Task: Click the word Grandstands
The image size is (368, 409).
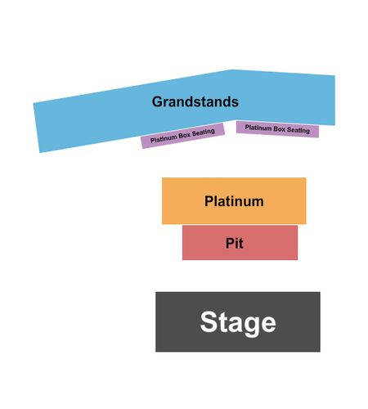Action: click(x=195, y=101)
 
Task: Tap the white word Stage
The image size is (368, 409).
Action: click(x=238, y=323)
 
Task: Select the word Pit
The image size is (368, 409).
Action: click(x=235, y=243)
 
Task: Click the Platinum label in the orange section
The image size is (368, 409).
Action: click(x=234, y=201)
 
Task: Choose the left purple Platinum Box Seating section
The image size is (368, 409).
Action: click(x=182, y=136)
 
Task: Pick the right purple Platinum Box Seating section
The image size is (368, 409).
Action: click(x=277, y=129)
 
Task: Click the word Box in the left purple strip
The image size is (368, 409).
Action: click(x=185, y=136)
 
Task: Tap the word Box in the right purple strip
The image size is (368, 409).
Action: click(x=279, y=129)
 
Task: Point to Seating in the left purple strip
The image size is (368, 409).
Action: click(x=204, y=133)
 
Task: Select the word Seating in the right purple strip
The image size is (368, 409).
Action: click(x=298, y=130)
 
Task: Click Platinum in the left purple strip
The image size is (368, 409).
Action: click(x=164, y=139)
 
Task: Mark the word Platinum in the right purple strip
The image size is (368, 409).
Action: click(x=258, y=128)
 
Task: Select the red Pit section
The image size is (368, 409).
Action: click(x=240, y=243)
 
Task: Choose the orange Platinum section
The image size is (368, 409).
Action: click(x=234, y=201)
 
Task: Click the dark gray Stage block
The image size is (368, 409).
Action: click(x=238, y=322)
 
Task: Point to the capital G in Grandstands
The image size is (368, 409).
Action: click(x=158, y=101)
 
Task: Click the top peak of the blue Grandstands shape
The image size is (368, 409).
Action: click(x=231, y=70)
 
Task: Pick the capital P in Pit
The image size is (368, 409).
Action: click(x=230, y=243)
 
